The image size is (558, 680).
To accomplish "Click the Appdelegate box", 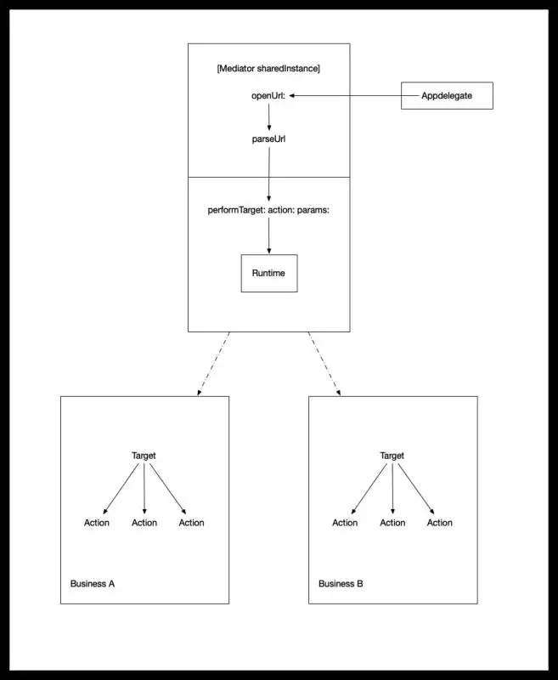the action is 447,95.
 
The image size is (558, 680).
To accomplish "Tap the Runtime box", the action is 269,273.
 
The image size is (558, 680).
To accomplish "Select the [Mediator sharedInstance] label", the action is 268,69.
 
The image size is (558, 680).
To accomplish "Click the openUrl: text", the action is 268,95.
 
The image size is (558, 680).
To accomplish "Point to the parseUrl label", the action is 268,139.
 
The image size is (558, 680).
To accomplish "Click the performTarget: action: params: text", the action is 268,210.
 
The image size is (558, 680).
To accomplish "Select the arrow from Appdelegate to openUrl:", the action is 355,95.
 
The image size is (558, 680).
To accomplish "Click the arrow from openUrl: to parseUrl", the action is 269,117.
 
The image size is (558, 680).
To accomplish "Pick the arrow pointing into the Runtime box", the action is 269,235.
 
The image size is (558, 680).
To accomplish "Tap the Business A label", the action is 93,584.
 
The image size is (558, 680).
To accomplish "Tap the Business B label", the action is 341,584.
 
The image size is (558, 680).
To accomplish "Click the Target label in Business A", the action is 144,456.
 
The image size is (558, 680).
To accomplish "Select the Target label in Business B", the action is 392,456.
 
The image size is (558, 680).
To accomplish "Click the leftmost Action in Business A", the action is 97,523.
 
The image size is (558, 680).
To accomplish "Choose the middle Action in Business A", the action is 144,523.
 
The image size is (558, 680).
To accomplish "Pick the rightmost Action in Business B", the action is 440,523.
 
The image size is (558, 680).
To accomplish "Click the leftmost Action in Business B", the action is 345,523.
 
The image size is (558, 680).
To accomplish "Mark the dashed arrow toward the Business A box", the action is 213,364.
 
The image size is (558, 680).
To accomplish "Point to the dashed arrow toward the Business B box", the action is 324,364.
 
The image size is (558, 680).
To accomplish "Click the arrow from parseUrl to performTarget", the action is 269,174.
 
